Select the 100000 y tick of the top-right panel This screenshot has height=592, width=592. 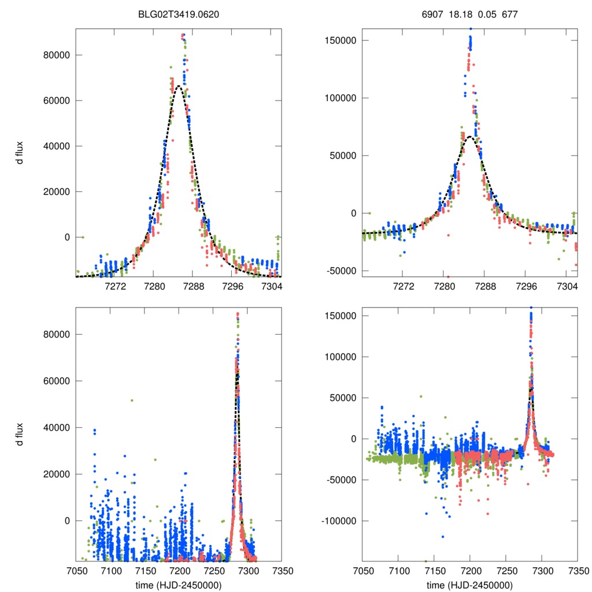[340, 98]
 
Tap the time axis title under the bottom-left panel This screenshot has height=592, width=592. [179, 584]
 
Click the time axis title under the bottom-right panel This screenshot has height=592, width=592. [470, 584]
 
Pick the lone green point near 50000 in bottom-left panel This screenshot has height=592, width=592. [132, 400]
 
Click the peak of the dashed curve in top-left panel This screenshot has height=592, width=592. [179, 86]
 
